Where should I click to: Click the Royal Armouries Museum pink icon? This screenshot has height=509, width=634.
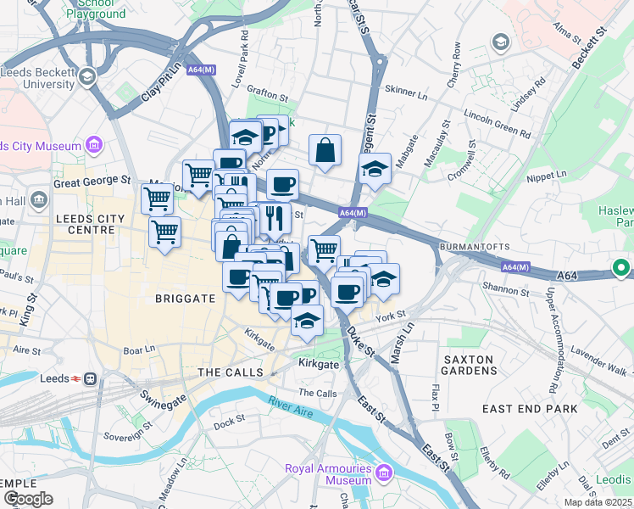point(383,472)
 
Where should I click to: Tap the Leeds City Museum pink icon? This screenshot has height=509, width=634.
point(93,146)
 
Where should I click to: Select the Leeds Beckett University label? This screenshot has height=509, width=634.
point(37,78)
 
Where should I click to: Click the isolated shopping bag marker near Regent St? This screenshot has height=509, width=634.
point(325,152)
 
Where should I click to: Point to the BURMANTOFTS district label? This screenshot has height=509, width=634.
point(473,247)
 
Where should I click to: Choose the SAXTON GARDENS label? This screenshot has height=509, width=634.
point(468,366)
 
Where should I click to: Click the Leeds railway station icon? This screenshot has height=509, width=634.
point(89,378)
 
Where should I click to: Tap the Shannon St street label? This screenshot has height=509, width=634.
point(506,293)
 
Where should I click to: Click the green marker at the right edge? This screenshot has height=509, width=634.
point(621,269)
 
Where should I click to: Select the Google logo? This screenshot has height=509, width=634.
point(29,498)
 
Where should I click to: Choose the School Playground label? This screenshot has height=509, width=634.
point(96,8)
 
